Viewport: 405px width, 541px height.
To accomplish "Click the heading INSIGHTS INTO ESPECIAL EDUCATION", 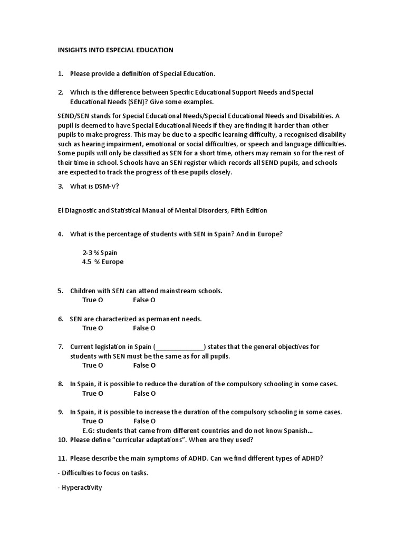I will click(115, 50).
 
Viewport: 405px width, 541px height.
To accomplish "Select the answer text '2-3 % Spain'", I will click(100, 253).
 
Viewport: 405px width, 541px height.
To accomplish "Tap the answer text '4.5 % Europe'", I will click(103, 262).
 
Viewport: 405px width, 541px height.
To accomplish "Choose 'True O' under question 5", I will click(93, 300).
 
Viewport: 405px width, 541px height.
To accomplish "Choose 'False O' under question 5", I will click(144, 300).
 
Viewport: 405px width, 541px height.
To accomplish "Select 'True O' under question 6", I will click(93, 328).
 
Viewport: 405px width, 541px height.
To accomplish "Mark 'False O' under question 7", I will click(144, 365).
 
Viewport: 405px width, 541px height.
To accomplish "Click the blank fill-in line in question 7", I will click(180, 347).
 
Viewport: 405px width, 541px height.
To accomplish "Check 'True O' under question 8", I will click(93, 393).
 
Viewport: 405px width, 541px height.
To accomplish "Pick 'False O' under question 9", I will click(144, 421).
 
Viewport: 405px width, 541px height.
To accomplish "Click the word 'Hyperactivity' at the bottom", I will click(81, 488).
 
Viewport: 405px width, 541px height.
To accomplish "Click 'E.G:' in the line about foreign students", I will click(90, 431).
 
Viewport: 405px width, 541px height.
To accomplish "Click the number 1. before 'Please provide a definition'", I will click(61, 73).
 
